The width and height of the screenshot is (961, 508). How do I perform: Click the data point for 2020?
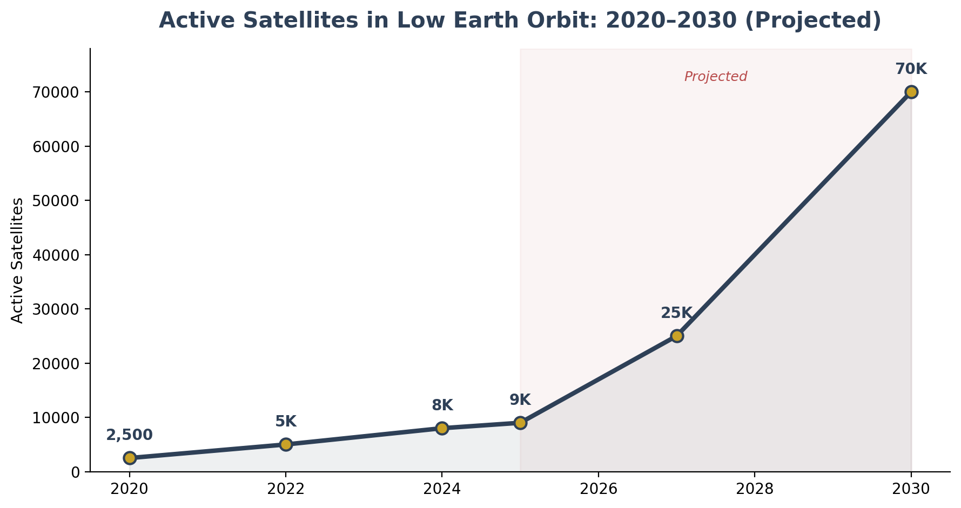[x=130, y=458]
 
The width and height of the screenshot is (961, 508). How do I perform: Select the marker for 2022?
[x=286, y=444]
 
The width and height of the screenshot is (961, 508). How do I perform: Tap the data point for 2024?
[x=442, y=428]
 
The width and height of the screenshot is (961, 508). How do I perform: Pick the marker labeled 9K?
[x=520, y=423]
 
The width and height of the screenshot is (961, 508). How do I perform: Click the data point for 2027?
[x=677, y=336]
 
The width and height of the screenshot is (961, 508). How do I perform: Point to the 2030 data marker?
[x=911, y=92]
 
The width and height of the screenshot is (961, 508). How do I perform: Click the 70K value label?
[x=911, y=69]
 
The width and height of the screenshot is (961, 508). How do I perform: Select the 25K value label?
[x=676, y=313]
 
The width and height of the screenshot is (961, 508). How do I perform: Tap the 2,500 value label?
[x=130, y=435]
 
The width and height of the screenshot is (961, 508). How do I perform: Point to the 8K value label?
[x=442, y=405]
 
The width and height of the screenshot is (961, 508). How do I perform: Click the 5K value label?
[x=286, y=422]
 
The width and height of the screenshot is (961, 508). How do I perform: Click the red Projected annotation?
[x=716, y=77]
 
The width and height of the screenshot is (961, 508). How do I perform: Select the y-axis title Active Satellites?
[x=18, y=260]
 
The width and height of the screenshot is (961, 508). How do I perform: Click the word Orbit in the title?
[x=567, y=21]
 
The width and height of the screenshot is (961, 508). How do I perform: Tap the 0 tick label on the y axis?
[x=76, y=472]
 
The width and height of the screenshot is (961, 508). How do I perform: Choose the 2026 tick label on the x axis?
[x=598, y=489]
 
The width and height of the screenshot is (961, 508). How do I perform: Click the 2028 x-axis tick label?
[x=755, y=489]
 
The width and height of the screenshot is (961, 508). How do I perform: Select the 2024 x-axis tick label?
[x=442, y=489]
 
